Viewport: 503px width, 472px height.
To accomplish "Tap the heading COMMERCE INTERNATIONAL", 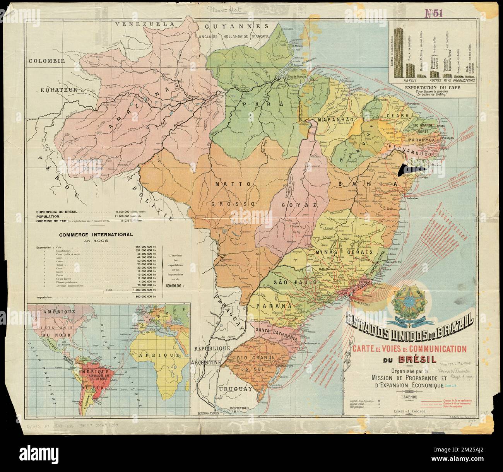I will [95, 234].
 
